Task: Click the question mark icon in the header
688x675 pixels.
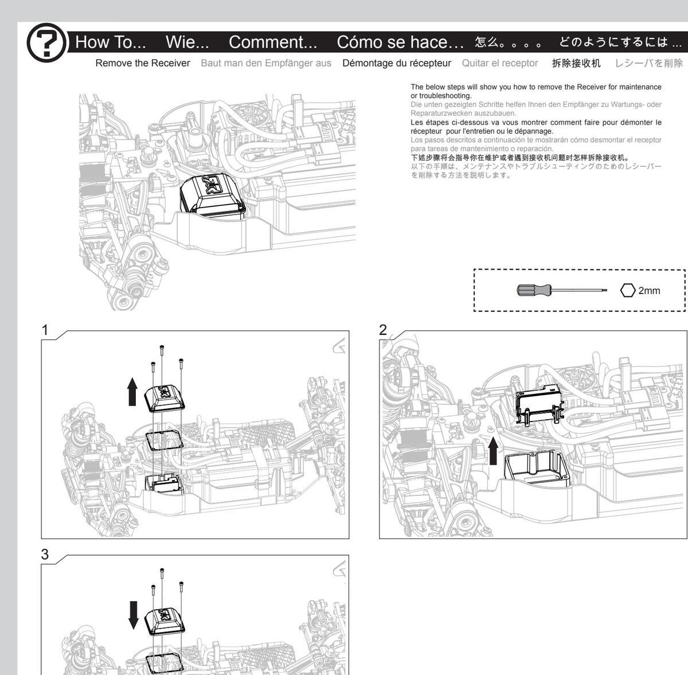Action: (x=46, y=42)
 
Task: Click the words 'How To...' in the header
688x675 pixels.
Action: (x=110, y=42)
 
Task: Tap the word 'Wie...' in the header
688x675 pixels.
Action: (x=187, y=42)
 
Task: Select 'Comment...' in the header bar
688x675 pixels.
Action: (x=273, y=42)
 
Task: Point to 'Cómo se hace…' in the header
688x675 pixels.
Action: (x=400, y=42)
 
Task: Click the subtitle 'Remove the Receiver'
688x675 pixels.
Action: (x=142, y=63)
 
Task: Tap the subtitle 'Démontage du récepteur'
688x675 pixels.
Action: (x=397, y=63)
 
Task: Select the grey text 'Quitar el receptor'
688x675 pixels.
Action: (x=500, y=63)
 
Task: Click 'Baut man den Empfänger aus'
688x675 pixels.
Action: (x=266, y=63)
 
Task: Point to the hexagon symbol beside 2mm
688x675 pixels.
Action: (x=628, y=290)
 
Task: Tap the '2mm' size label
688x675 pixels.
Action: (x=649, y=291)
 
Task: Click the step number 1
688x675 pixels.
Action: (x=45, y=330)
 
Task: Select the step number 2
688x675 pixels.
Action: (x=383, y=330)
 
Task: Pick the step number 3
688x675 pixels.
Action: (x=45, y=555)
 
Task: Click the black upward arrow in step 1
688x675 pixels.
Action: (x=132, y=392)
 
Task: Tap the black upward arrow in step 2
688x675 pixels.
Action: (x=493, y=451)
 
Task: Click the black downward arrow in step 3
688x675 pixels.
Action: (x=133, y=615)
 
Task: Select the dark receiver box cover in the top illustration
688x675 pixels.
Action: (x=213, y=195)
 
